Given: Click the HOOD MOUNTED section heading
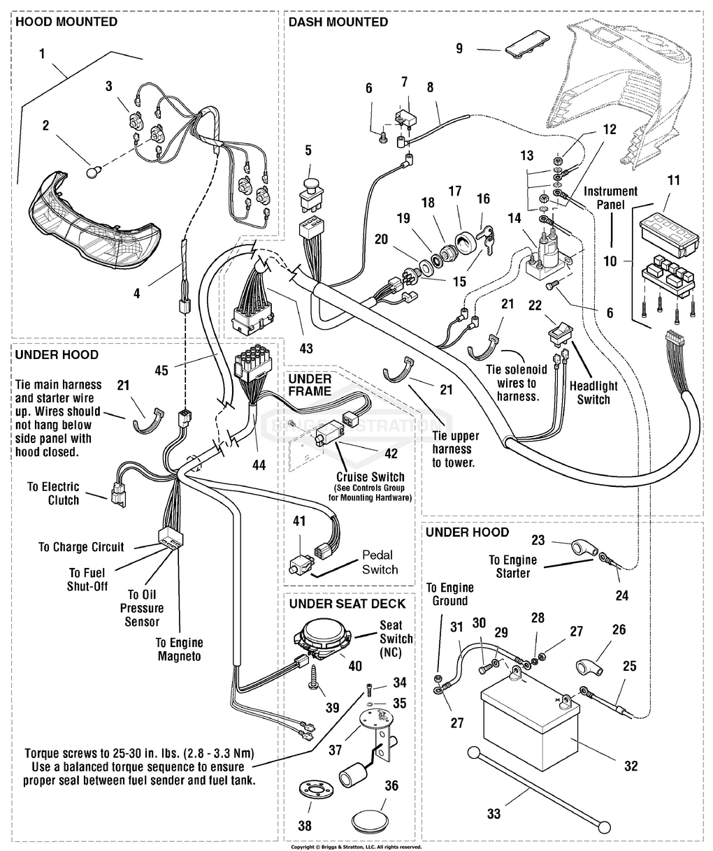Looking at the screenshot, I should point(66,22).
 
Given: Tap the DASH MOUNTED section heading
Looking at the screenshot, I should point(338,22).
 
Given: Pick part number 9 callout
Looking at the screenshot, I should point(459,49).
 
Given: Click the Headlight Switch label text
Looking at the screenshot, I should point(593,393).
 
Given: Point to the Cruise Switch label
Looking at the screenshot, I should point(370,477).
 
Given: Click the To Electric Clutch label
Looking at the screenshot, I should point(54,493).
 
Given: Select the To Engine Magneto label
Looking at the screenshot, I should point(180,649).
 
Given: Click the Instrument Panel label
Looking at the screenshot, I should point(611,198).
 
